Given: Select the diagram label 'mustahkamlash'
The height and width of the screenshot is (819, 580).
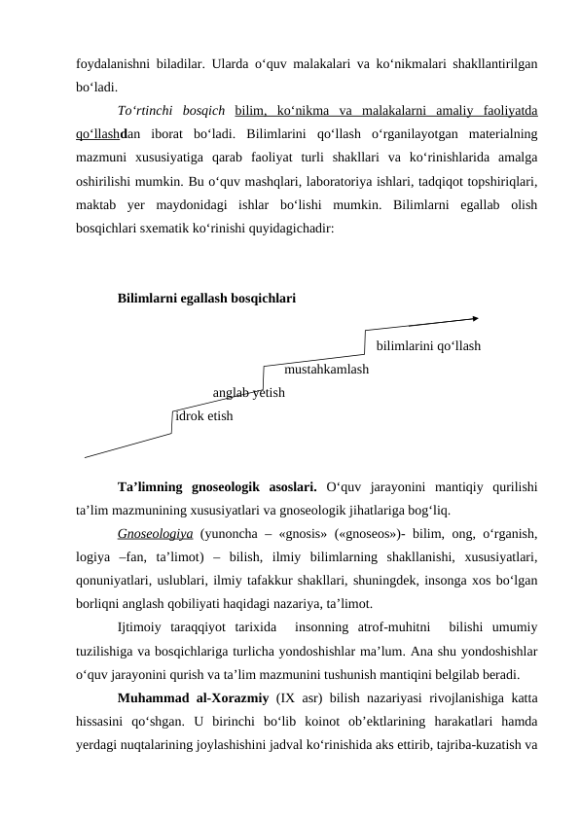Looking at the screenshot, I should click(x=326, y=370).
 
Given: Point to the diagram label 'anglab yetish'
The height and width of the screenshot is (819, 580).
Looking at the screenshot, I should click(x=248, y=393).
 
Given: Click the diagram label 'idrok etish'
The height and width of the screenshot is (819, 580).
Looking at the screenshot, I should click(x=204, y=416).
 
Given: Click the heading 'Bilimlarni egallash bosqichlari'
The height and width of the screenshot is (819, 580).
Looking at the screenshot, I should click(x=207, y=298).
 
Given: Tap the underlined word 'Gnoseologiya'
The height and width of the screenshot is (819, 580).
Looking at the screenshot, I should click(x=154, y=534).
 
